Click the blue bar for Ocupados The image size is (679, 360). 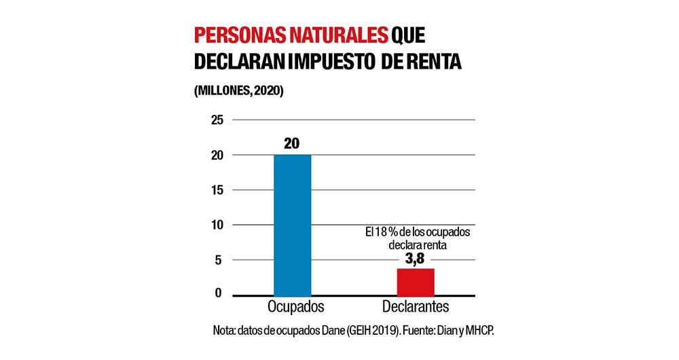pos(292,224)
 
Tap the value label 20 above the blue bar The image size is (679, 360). pos(292,143)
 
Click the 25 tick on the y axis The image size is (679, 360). pos(217,120)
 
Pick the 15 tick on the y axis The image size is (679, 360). pos(217,190)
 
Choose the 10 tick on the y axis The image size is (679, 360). pos(217,224)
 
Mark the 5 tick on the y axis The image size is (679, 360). pos(219,259)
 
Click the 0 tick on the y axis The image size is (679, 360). pos(219,293)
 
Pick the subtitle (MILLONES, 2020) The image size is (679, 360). pos(238,90)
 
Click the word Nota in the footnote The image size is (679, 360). pos(224,330)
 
